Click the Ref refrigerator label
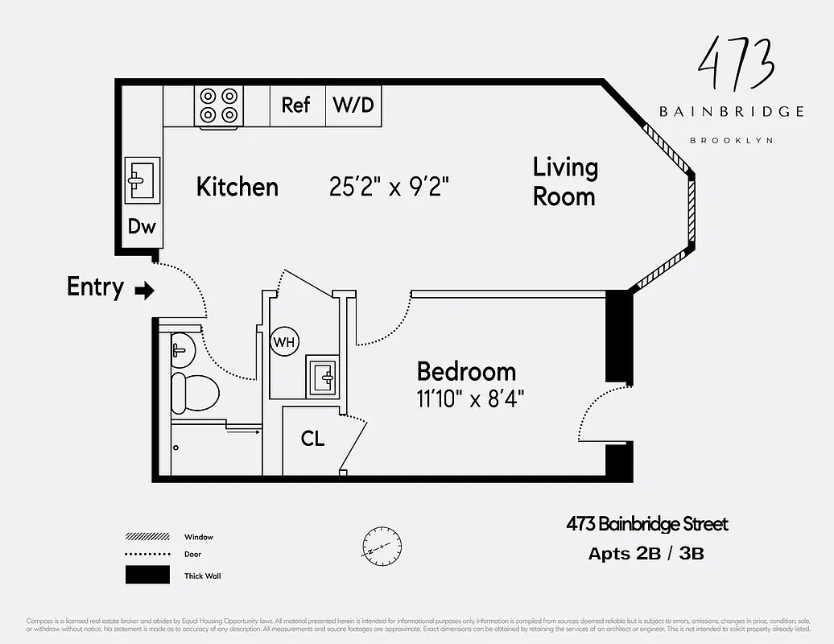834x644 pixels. (295, 105)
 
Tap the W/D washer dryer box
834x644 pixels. (353, 105)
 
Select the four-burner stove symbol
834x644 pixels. (220, 105)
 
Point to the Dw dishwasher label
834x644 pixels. (142, 227)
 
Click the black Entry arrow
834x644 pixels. (144, 291)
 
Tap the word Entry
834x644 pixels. (95, 287)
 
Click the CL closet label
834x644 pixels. (312, 440)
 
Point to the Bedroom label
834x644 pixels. (466, 372)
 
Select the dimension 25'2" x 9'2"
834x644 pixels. (389, 188)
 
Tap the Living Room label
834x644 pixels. (565, 182)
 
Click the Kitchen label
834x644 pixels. (237, 188)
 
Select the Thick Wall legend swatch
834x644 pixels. (147, 575)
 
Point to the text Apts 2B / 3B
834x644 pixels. (646, 554)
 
